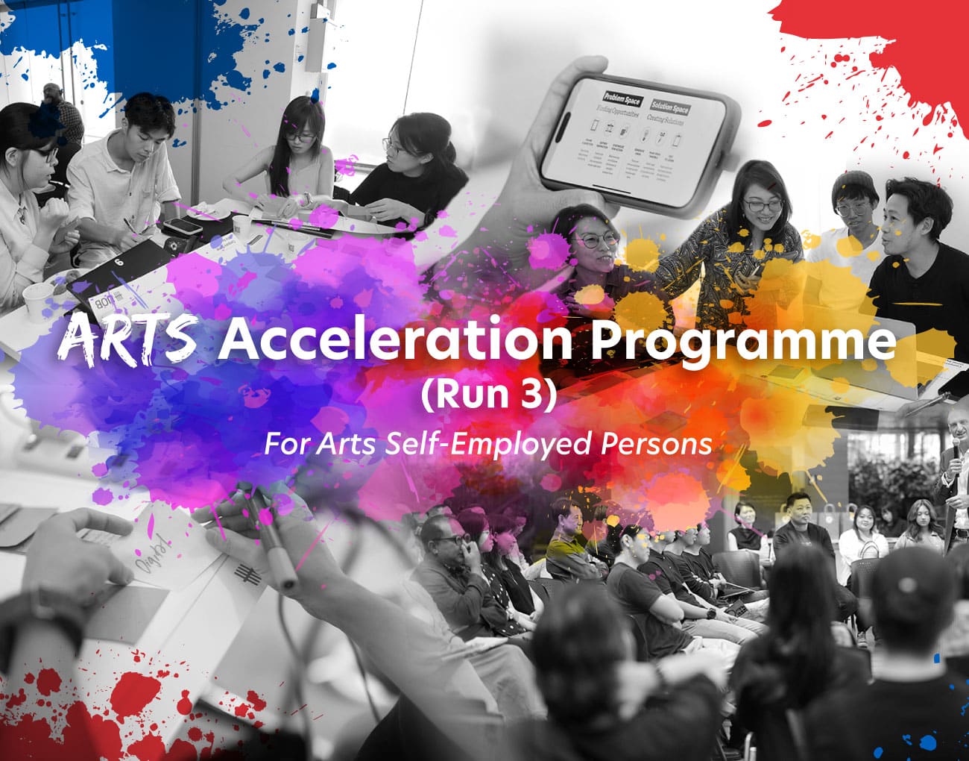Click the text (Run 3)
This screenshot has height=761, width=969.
pyautogui.click(x=488, y=395)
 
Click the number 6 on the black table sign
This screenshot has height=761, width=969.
pyautogui.click(x=119, y=262)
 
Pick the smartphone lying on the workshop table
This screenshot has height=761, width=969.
pyautogui.click(x=181, y=225)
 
